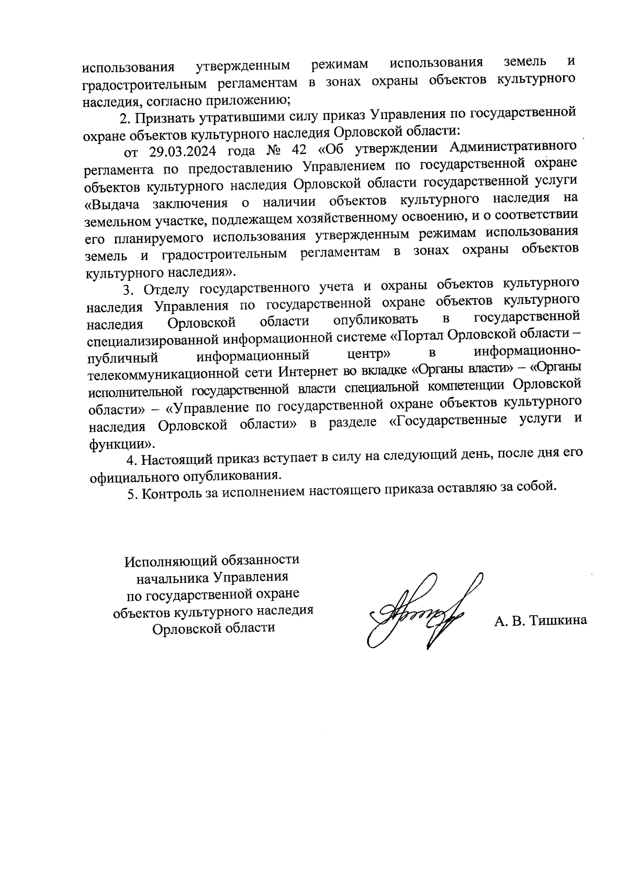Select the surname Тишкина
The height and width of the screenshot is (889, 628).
tap(558, 621)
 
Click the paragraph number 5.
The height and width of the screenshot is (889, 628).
tap(132, 494)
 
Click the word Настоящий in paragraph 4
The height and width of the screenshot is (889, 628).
tap(178, 460)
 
